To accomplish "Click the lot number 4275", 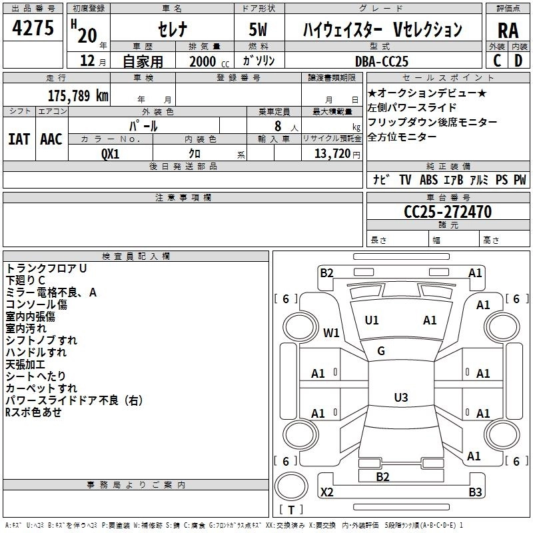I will tap(33, 29).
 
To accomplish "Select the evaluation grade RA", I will tap(508, 30).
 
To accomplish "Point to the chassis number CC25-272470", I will tap(448, 212).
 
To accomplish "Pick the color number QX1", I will tap(110, 153).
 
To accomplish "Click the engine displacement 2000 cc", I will tap(203, 61).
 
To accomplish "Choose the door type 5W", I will tap(259, 30).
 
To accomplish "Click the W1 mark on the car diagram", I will tap(331, 332).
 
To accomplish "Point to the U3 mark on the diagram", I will tap(400, 398).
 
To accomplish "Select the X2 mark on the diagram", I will tap(326, 492).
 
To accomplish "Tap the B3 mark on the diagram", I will tap(474, 492).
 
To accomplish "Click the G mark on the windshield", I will tap(381, 351).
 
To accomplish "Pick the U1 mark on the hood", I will tap(372, 320).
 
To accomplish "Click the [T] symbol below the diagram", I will tap(290, 510).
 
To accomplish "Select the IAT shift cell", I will tap(18, 139).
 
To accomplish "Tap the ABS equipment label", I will tap(428, 180).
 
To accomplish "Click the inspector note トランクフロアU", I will tap(47, 268).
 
